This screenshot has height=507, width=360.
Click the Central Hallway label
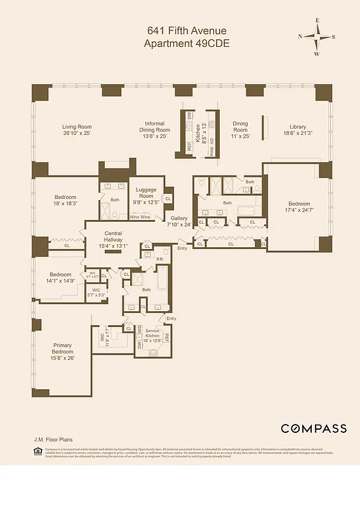pyautogui.click(x=113, y=237)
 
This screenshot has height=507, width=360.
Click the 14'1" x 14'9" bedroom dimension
pyautogui.click(x=60, y=280)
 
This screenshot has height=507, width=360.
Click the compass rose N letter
pyautogui.click(x=300, y=36)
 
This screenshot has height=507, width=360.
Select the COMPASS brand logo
pyautogui.click(x=314, y=428)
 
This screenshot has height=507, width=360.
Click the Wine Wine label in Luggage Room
pyautogui.click(x=140, y=217)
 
